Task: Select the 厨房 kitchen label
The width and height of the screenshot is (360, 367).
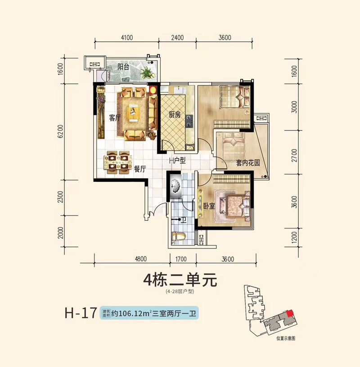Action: (175, 115)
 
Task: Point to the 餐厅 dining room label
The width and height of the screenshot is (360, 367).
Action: (140, 169)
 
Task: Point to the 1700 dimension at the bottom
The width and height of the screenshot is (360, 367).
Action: (181, 259)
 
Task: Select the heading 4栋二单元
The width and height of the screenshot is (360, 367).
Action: (180, 281)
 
